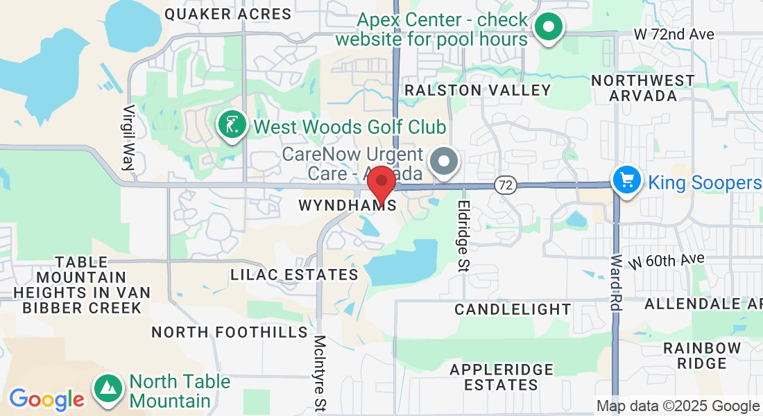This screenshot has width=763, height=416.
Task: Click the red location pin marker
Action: (x=381, y=184)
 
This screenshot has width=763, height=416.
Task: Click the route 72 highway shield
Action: (x=506, y=184)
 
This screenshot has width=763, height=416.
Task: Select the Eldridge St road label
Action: (x=463, y=236)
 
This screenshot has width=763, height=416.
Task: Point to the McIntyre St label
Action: (x=320, y=372)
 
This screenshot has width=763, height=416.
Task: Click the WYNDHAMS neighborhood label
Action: (x=348, y=205)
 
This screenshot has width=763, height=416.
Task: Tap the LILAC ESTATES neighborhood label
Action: (x=294, y=275)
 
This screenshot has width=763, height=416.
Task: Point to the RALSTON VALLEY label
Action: (x=478, y=90)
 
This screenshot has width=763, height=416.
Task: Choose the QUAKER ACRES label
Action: (x=228, y=14)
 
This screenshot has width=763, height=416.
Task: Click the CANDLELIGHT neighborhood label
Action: (x=513, y=309)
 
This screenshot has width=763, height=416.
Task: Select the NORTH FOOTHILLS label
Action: (x=230, y=332)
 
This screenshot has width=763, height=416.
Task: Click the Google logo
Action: (x=46, y=399)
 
